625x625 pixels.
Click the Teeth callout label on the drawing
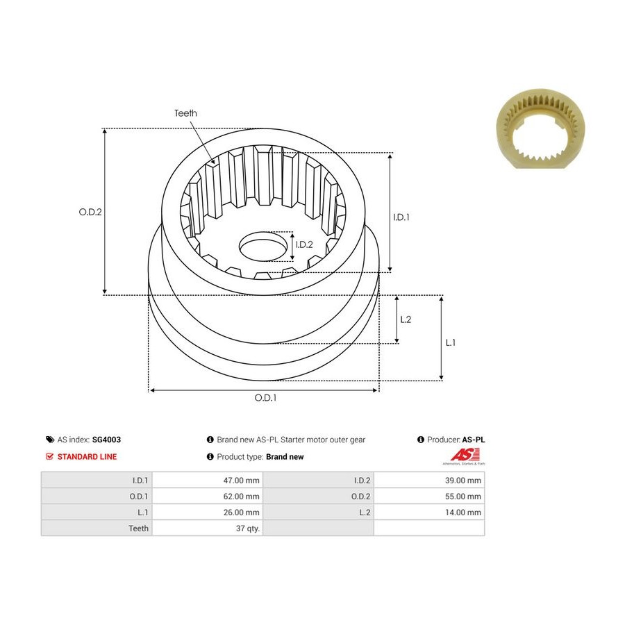(x=185, y=113)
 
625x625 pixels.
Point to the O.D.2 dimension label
(x=90, y=212)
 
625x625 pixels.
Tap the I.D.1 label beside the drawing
(x=401, y=217)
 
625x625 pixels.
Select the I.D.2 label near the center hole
(x=304, y=244)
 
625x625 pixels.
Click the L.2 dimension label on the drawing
(x=406, y=319)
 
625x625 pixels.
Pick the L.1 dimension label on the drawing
(x=450, y=342)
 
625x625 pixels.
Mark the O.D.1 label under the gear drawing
(x=265, y=398)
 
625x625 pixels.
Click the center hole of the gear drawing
(x=263, y=246)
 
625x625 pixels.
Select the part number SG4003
(x=106, y=440)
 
